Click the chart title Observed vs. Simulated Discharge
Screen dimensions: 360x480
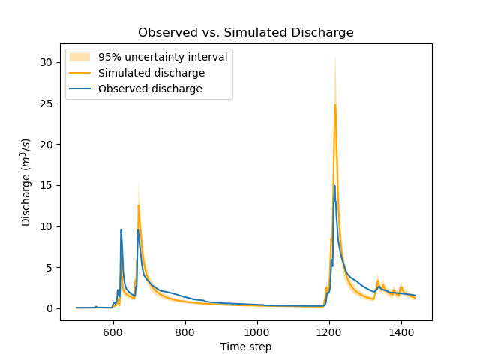click(245, 33)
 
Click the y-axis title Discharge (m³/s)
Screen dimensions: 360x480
click(26, 182)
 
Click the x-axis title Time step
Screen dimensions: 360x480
click(245, 346)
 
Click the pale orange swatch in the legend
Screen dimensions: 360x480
click(79, 57)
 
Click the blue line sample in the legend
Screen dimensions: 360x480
click(79, 88)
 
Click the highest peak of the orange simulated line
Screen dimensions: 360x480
click(335, 105)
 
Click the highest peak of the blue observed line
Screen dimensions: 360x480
click(334, 186)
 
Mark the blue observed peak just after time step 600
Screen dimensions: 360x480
click(121, 230)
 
